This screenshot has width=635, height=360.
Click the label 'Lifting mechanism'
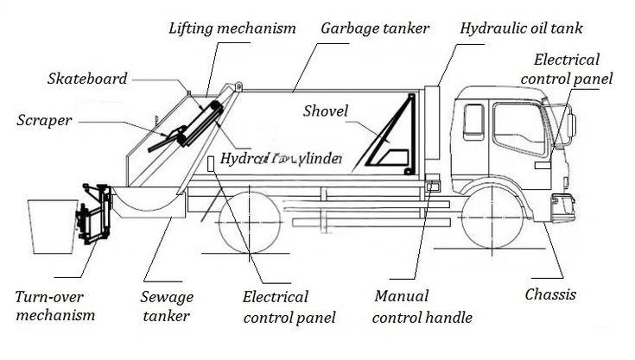[x=232, y=28]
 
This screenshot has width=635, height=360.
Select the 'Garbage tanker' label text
[x=375, y=28]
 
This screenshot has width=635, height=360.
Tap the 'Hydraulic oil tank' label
[x=521, y=28]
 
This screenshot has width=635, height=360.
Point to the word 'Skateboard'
[x=86, y=79]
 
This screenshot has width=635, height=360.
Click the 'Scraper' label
[x=44, y=119]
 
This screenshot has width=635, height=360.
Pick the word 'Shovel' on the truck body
[x=326, y=111]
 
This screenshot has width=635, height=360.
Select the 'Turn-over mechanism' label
[x=54, y=306]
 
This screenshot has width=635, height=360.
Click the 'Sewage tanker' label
[x=167, y=306]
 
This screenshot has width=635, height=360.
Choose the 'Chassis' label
[x=550, y=294]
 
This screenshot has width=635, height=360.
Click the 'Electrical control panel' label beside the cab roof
[x=573, y=69]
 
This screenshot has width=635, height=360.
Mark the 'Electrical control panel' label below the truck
[x=277, y=306]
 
